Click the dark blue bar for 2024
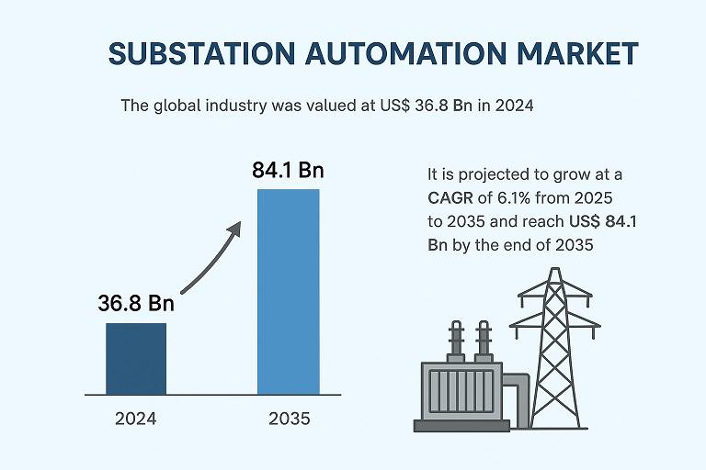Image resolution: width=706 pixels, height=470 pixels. click(x=136, y=358)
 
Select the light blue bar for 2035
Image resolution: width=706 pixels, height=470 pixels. click(x=288, y=292)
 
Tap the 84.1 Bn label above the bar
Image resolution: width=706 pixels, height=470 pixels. click(x=288, y=171)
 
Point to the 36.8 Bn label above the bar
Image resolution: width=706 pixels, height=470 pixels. click(x=135, y=304)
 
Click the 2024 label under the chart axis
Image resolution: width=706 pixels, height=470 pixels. click(x=135, y=419)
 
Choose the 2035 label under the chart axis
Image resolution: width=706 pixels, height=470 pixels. click(x=289, y=419)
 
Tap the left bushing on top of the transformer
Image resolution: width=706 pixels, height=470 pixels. click(x=454, y=340)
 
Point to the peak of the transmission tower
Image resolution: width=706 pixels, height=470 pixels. click(x=554, y=272)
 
